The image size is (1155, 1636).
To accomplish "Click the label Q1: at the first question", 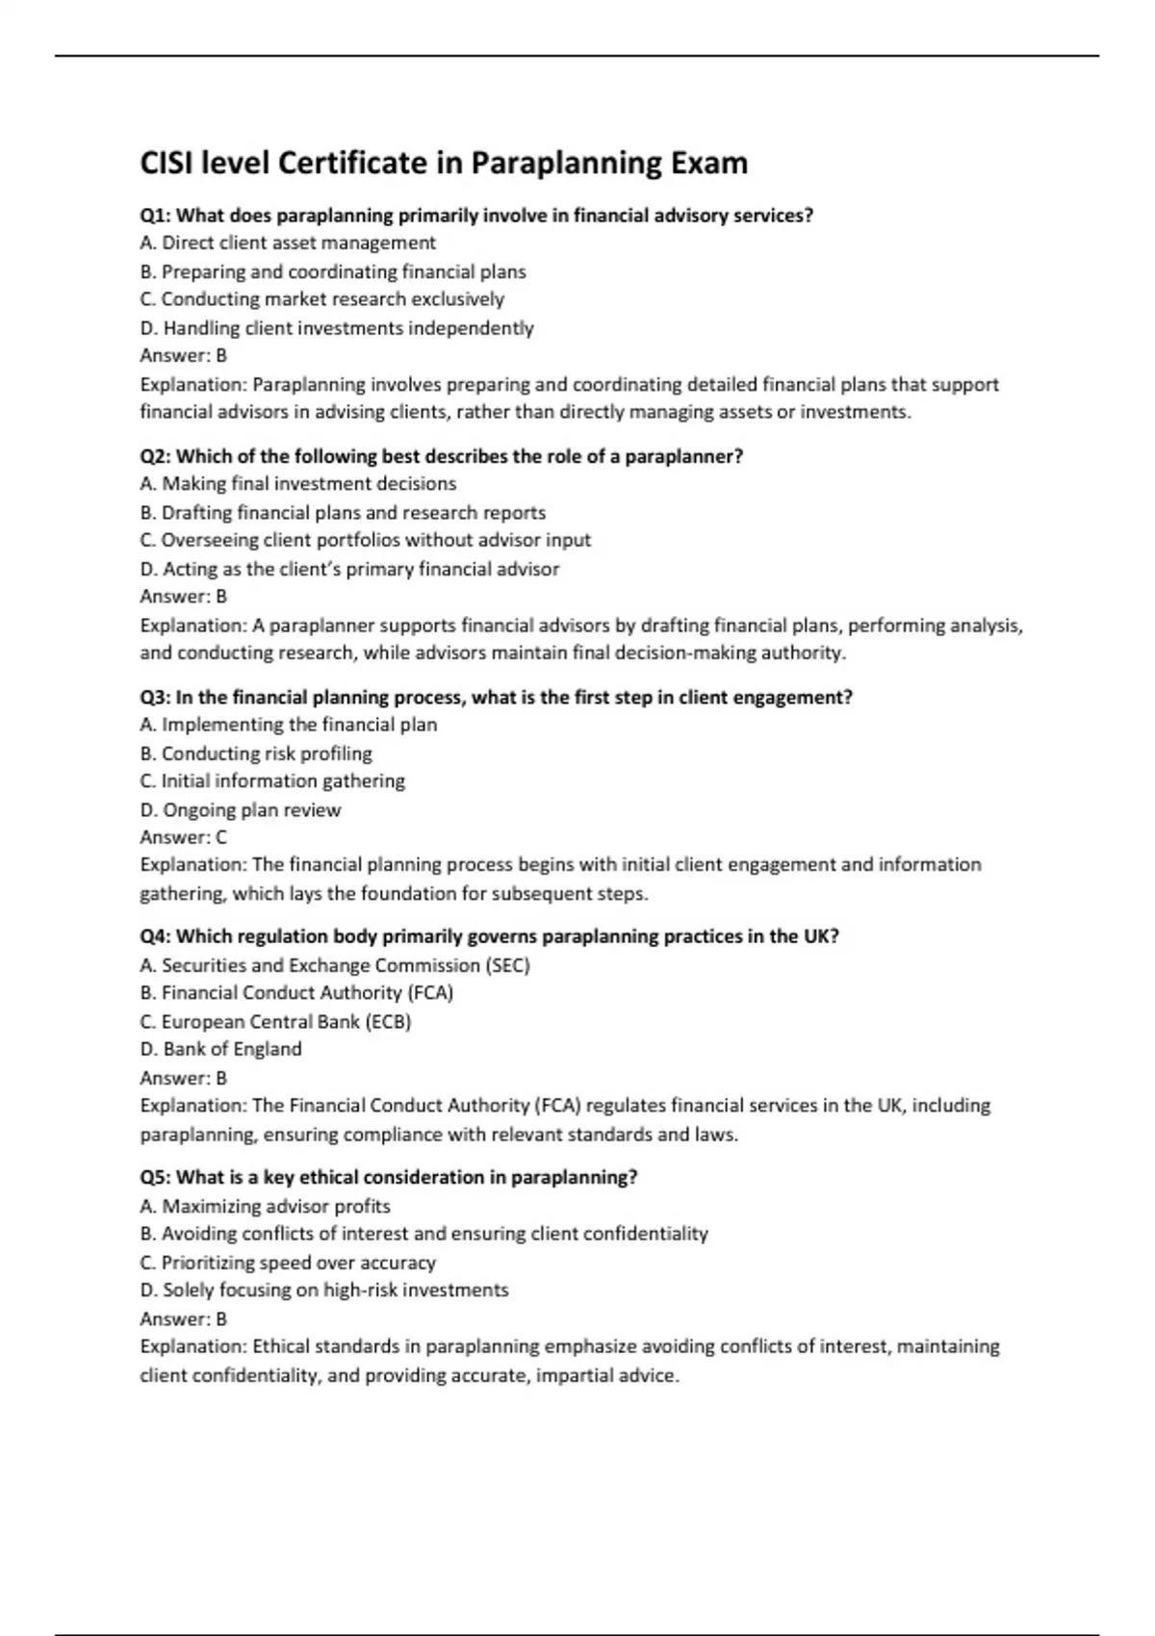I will coord(156,216).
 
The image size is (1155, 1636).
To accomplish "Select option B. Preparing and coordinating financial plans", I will coord(333,271).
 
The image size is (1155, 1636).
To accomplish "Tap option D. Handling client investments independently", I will coord(337,328).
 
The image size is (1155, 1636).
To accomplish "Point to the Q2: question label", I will coord(156,456).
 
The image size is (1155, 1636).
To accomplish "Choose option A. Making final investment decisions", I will coord(298,484).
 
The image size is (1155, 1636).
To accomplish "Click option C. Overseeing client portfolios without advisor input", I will coord(366,540).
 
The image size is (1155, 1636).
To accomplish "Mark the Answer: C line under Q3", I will coord(184,837).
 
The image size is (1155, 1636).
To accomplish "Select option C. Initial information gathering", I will coord(272,780).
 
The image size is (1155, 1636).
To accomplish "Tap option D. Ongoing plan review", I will coord(241,809).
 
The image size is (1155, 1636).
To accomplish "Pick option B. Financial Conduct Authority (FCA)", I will coord(296,992).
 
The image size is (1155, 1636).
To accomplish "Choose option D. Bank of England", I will coord(221,1049).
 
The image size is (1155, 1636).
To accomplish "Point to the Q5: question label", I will coord(156,1177).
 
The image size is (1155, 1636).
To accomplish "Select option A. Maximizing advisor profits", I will coord(265,1206).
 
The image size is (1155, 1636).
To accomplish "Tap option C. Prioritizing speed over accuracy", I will coord(288,1262).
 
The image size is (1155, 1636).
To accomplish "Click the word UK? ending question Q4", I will coord(821,936).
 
